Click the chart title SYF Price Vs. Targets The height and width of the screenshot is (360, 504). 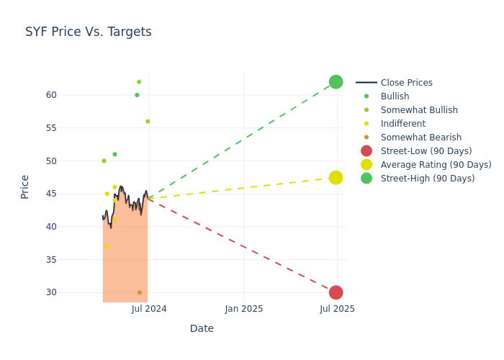click(x=88, y=32)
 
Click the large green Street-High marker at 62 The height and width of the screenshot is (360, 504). click(x=336, y=82)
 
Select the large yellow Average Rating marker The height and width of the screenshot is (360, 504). click(x=336, y=177)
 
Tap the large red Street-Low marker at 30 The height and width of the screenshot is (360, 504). click(x=336, y=292)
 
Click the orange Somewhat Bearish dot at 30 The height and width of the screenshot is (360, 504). click(x=139, y=292)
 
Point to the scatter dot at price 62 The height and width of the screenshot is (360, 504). click(x=139, y=82)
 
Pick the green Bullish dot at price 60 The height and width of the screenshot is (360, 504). click(x=137, y=95)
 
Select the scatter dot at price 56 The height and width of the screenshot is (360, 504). click(x=148, y=122)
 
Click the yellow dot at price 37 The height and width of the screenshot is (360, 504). click(x=107, y=246)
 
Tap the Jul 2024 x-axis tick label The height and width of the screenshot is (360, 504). click(x=149, y=309)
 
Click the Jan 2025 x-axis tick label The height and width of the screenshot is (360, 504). click(x=244, y=309)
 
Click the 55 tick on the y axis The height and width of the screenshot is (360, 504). click(x=51, y=128)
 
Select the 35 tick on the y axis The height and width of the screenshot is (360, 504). click(x=51, y=259)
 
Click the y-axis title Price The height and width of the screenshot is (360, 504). click(x=25, y=186)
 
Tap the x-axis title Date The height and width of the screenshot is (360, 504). click(x=202, y=328)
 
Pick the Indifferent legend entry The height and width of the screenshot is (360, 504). click(x=402, y=124)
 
